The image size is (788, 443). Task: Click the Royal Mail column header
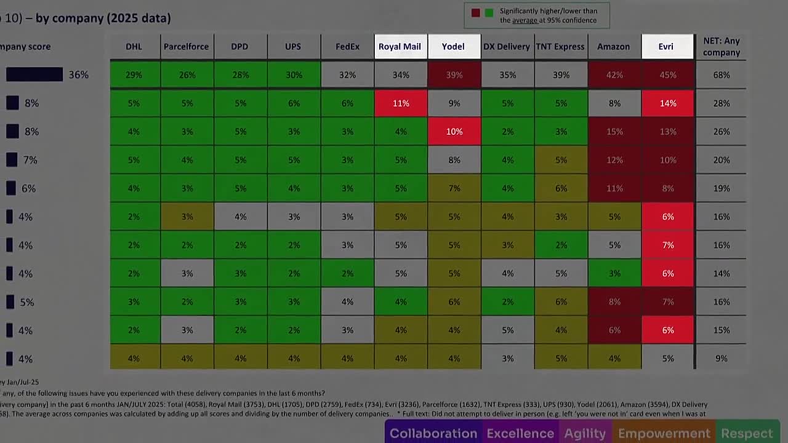pyautogui.click(x=400, y=47)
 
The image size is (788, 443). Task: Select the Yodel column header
pyautogui.click(x=453, y=47)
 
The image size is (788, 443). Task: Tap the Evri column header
pyautogui.click(x=667, y=47)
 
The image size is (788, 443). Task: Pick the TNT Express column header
pyautogui.click(x=560, y=47)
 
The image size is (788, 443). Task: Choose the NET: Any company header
pyautogui.click(x=722, y=47)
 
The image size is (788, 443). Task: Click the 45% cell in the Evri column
pyautogui.click(x=667, y=75)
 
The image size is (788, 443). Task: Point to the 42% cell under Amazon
pyautogui.click(x=614, y=75)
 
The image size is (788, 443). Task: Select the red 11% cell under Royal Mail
pyautogui.click(x=401, y=103)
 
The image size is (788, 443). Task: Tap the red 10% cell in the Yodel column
pyautogui.click(x=454, y=132)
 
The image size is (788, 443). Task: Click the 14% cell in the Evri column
pyautogui.click(x=667, y=103)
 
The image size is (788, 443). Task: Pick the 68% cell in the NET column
pyautogui.click(x=722, y=75)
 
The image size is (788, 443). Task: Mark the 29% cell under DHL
pyautogui.click(x=134, y=75)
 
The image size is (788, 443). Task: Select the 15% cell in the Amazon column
pyautogui.click(x=614, y=132)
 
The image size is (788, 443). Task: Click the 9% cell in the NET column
pyautogui.click(x=722, y=359)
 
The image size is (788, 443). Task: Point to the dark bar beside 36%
pyautogui.click(x=34, y=74)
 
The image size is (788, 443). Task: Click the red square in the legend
pyautogui.click(x=475, y=12)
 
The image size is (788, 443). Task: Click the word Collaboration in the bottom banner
pyautogui.click(x=433, y=434)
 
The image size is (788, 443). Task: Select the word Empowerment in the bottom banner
pyautogui.click(x=664, y=434)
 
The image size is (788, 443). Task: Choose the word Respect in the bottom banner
pyautogui.click(x=747, y=434)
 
